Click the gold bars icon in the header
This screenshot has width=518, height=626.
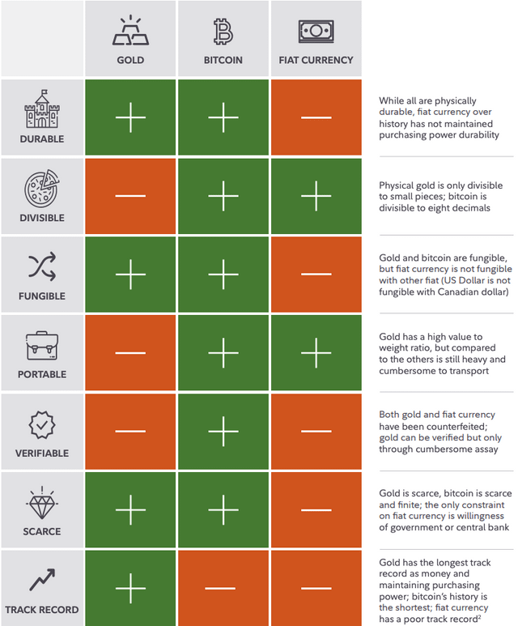point(130,30)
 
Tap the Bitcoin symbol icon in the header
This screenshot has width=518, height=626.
point(223,31)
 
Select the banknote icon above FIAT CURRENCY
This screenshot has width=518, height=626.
point(316,31)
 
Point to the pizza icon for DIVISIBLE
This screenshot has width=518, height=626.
point(42,189)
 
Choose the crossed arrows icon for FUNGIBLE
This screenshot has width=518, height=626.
point(42,266)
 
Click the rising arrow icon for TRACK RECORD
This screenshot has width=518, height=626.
point(42,580)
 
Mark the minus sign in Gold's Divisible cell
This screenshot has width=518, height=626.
point(130,196)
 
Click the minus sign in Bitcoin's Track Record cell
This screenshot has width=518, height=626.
point(223,589)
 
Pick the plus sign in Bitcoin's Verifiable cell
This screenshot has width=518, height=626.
point(223,432)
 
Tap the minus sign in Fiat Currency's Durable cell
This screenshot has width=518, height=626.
point(316,117)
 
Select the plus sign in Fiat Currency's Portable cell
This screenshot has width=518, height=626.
point(316,353)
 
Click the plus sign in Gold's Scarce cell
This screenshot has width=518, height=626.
point(130,510)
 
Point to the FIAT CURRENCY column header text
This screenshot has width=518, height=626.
point(316,60)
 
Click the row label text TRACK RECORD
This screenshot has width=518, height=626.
point(42,610)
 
